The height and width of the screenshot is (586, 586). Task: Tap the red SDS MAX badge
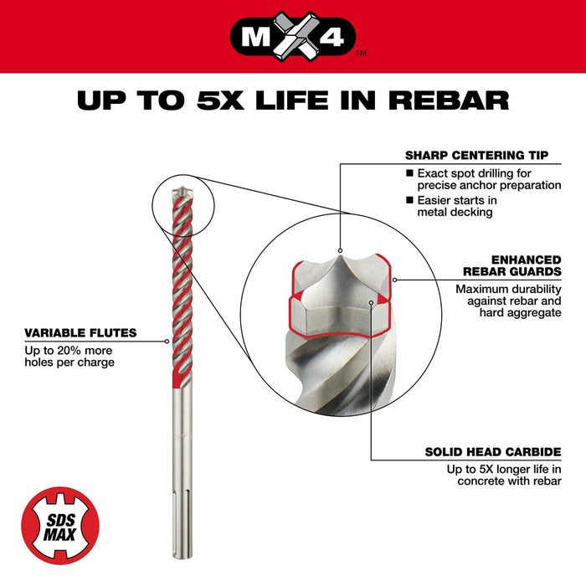click(59, 525)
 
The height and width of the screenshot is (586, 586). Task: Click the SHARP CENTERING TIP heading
click(477, 155)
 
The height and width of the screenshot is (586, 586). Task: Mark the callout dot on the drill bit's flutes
click(167, 342)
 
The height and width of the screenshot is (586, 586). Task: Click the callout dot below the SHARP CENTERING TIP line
click(340, 249)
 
